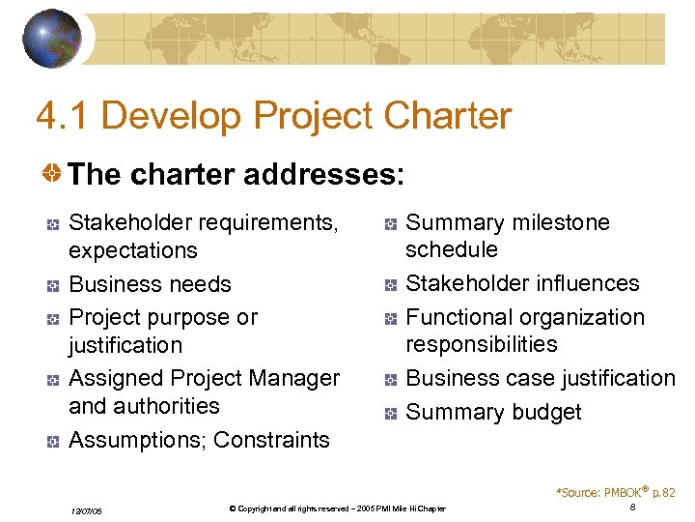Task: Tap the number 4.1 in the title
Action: pos(63,117)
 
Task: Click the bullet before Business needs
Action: pos(53,286)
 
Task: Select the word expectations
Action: pos(133,250)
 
